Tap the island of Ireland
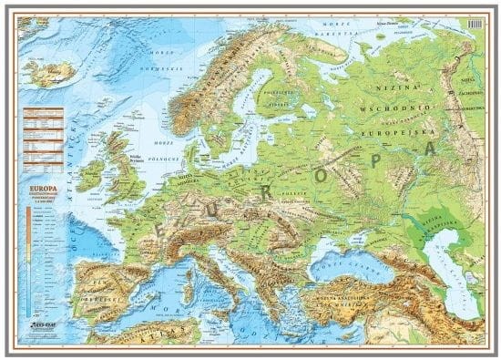tap(91, 174)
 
